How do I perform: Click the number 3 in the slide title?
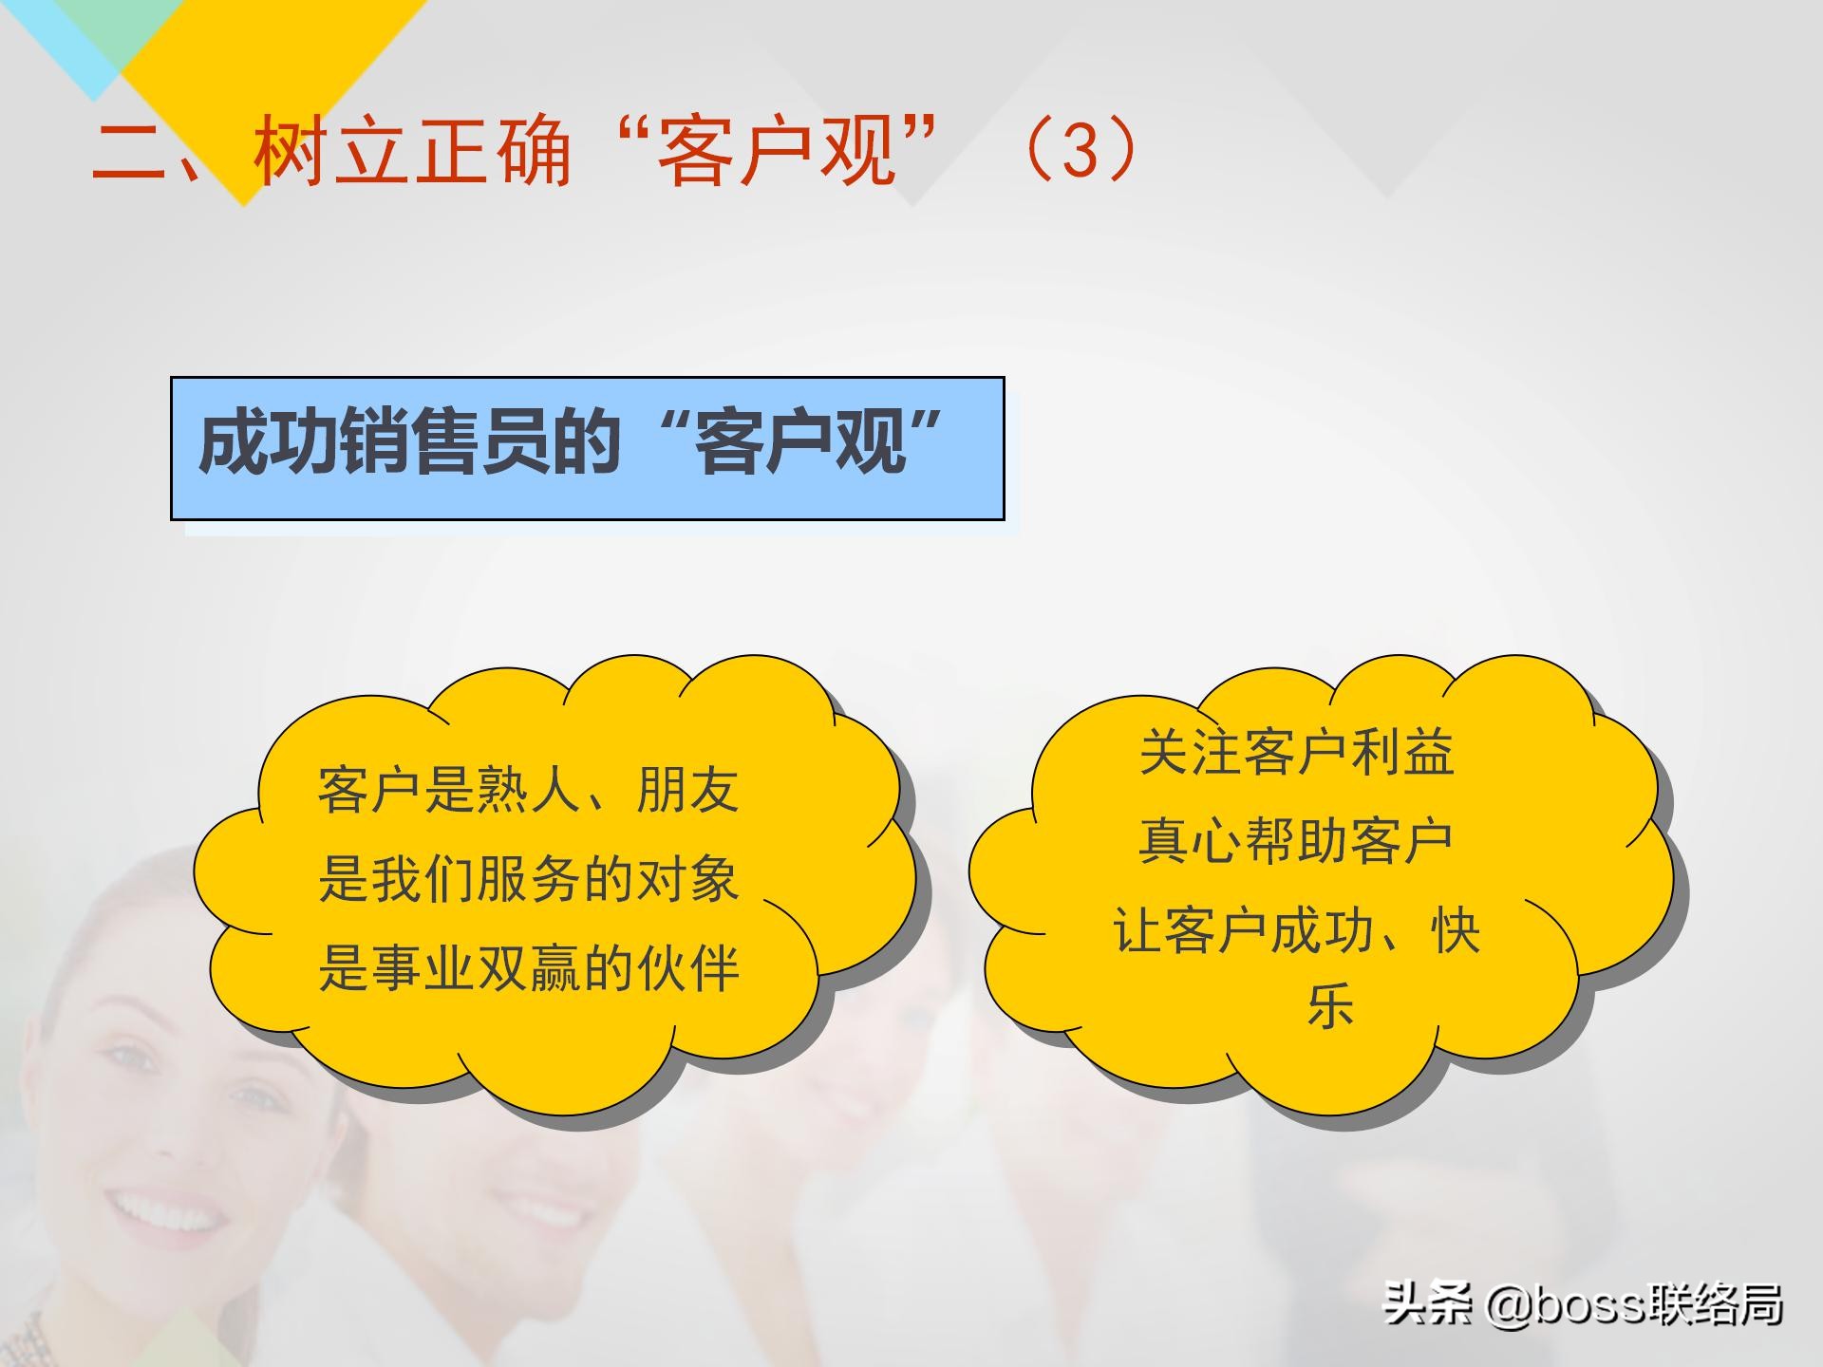click(1080, 150)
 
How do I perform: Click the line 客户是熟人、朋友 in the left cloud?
click(528, 790)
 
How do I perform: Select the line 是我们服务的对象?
click(528, 879)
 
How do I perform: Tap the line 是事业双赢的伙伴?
click(528, 968)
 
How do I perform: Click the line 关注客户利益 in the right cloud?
click(1296, 752)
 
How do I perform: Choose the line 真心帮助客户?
click(1296, 841)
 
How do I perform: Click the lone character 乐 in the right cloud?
click(1329, 1006)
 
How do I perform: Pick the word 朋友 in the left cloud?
click(687, 790)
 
